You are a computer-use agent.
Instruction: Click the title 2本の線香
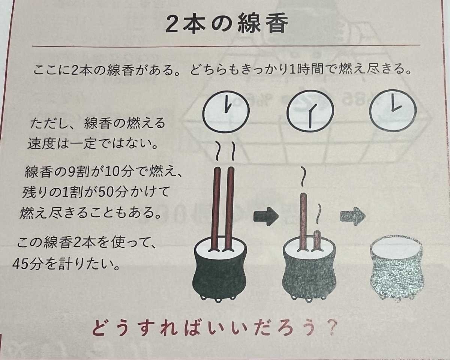point(226,24)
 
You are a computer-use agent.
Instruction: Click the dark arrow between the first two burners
point(266,217)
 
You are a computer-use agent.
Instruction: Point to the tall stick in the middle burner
point(304,222)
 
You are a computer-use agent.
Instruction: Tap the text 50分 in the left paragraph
point(111,192)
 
